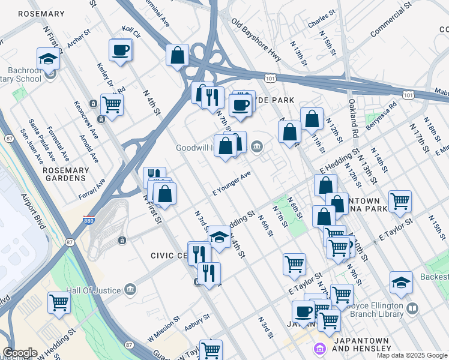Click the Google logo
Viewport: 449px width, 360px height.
[20, 353]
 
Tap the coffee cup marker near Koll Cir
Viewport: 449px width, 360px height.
[120, 50]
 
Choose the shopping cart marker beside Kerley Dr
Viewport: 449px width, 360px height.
[112, 104]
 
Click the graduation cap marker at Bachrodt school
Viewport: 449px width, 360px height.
[49, 58]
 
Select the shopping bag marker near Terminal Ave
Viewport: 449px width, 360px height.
[178, 56]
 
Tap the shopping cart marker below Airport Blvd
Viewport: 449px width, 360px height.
[59, 303]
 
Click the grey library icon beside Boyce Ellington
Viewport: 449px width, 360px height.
[412, 309]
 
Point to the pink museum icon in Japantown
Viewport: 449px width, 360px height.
[319, 349]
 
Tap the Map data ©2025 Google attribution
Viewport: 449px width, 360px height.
[412, 355]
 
